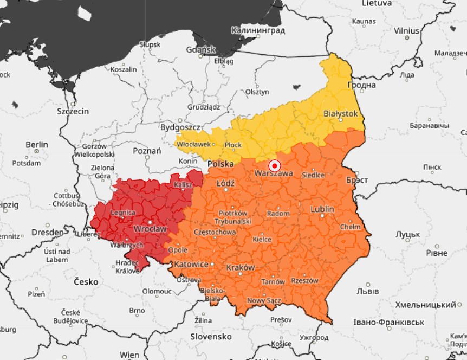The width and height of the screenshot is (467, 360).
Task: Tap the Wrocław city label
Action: (150, 229)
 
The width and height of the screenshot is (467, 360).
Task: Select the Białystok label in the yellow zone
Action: (340, 114)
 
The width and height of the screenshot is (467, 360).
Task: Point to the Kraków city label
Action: (241, 268)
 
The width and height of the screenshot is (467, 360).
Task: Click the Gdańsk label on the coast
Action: (200, 49)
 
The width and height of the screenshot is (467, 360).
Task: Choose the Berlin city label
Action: (36, 145)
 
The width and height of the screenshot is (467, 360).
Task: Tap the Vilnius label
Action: (406, 31)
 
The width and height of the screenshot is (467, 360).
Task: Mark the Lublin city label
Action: (322, 209)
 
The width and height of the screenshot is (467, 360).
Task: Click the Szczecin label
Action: (73, 111)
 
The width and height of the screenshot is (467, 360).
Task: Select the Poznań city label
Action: (147, 151)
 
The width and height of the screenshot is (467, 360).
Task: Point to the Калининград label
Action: (258, 31)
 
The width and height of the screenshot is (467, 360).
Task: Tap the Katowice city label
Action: (191, 264)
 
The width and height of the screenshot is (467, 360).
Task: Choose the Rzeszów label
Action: (304, 280)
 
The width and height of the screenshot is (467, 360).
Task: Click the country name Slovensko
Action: (211, 337)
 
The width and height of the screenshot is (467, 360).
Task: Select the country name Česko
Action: (86, 282)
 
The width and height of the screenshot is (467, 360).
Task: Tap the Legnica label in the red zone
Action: (122, 213)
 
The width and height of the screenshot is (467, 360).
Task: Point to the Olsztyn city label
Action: (257, 92)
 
